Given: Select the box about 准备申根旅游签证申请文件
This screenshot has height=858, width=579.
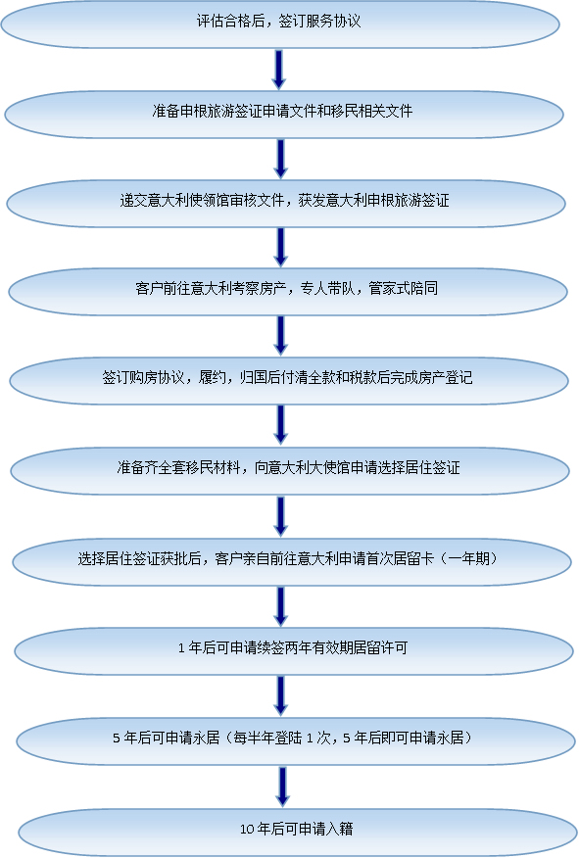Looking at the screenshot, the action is tap(284, 114).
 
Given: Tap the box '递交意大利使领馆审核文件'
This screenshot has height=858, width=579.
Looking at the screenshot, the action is tap(286, 203).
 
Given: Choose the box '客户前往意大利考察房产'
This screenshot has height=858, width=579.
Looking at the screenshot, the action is tap(288, 292).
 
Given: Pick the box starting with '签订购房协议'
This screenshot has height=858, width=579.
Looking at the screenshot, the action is tap(289, 381).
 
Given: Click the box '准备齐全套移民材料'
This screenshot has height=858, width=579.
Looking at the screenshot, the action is tap(290, 471).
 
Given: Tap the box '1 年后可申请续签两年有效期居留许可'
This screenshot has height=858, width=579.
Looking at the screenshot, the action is tap(294, 651).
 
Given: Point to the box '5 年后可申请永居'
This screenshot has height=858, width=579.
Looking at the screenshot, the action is tap(296, 740).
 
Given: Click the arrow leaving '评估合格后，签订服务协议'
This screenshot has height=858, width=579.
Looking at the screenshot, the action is tap(279, 70).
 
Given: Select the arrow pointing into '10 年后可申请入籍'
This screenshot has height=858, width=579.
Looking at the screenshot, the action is tap(282, 786).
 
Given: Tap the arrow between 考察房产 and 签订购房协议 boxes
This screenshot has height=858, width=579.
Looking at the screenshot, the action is tap(281, 336).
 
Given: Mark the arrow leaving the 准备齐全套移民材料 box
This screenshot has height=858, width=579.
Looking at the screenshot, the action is tap(281, 516).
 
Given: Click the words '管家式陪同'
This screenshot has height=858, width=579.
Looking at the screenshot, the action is tap(404, 288).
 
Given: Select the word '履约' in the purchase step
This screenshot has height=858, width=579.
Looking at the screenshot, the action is tap(213, 377).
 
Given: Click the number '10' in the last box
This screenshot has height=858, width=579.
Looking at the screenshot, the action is tap(247, 830).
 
